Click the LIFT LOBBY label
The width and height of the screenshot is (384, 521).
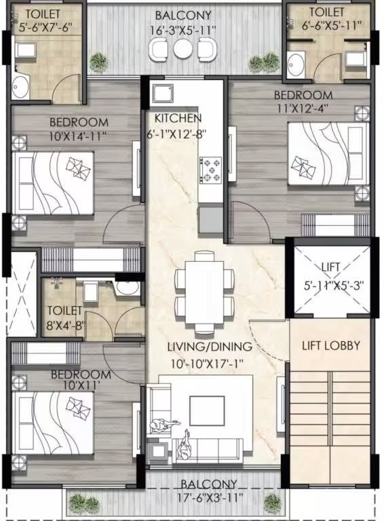tap(331, 345)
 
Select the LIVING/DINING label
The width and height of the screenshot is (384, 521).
tap(210, 347)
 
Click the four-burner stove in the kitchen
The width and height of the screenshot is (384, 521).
tap(210, 169)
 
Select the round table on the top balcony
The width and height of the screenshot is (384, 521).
tap(183, 49)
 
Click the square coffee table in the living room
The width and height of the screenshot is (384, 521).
tap(206, 410)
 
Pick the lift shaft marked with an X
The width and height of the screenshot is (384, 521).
tap(332, 278)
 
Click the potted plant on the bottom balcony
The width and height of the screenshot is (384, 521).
tap(273, 503)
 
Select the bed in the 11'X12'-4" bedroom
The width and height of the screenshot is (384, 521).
tap(328, 154)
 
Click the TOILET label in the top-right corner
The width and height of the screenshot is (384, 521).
tap(326, 12)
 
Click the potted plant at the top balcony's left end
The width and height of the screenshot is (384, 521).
tap(98, 62)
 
